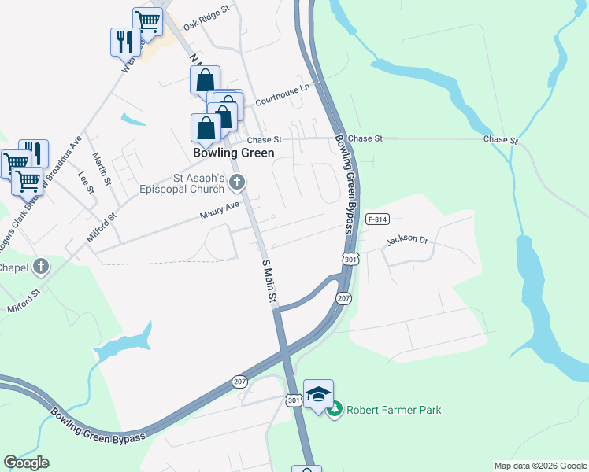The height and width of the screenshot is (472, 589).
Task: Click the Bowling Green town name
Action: coord(234,153)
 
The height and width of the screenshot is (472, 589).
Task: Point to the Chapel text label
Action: coord(14,267)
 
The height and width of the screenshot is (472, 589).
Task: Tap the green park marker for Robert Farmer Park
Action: coord(335,410)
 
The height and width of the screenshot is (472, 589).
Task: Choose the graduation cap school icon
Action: coord(318,394)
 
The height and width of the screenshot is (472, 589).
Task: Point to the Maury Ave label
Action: coord(219,209)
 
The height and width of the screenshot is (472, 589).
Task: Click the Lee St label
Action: coord(84,184)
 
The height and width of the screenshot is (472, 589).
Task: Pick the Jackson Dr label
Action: coord(406,240)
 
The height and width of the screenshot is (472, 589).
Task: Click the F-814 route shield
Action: coord(378,219)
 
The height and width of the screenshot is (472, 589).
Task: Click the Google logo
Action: coord(26,463)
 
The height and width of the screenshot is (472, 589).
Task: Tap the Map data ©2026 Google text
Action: coord(539,466)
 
